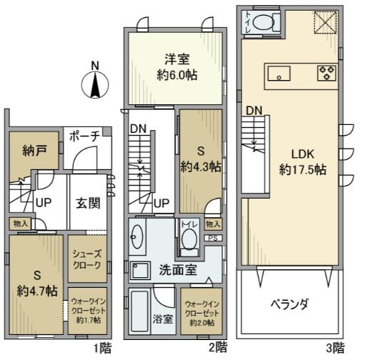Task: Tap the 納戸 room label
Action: pos(34,151)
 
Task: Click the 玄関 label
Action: pos(88,203)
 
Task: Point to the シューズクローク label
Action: pos(87,259)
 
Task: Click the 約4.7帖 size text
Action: pos(37,291)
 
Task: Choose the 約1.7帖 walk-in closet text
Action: pos(89,320)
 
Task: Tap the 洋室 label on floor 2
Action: pos(177,59)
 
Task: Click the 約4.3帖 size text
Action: pos(201,166)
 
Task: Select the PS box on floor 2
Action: pos(214,238)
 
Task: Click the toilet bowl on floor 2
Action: pos(189,239)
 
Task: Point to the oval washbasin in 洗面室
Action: pos(137,236)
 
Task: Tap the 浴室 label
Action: pos(163,319)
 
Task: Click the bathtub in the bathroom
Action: pos(139,312)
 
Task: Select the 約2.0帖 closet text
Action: pos(202,323)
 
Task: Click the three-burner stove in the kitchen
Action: pos(327,73)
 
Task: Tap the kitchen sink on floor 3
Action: pos(279,74)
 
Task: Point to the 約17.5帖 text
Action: pos(302,170)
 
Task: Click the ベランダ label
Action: pos(290,304)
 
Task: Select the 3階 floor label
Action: pos(335,349)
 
